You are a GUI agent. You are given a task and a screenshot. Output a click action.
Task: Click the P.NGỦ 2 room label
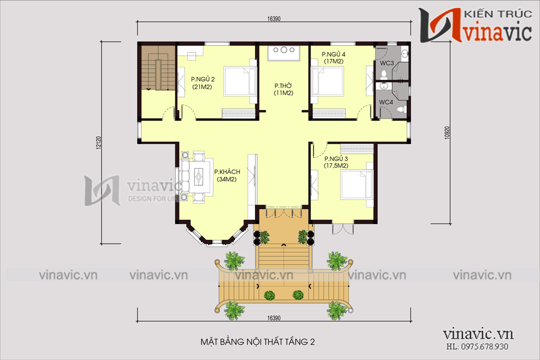202,83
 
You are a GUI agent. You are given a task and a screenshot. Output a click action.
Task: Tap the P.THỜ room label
283,89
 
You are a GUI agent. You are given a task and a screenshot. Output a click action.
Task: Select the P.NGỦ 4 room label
333,57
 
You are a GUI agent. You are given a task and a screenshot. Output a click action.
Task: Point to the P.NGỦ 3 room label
336,162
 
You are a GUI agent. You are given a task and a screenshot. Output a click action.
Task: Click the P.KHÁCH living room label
227,175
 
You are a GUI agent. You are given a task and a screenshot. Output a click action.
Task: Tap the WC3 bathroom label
386,63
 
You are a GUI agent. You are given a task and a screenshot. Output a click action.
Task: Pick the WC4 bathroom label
386,102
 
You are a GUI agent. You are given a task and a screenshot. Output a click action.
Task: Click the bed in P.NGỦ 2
239,81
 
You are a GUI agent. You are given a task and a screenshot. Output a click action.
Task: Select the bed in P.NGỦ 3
356,184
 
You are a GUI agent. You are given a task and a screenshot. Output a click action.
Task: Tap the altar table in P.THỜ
284,52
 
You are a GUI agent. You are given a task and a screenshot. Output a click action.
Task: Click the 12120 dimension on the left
98,142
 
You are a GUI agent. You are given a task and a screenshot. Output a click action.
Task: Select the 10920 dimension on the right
447,132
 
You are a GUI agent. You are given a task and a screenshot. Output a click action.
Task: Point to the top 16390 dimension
274,19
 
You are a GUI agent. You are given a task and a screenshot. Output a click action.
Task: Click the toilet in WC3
383,74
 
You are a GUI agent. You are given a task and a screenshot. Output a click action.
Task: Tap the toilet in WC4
400,110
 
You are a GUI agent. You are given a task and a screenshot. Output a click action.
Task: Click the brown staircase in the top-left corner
158,68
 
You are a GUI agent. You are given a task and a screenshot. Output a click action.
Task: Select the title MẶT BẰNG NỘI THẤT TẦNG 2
257,341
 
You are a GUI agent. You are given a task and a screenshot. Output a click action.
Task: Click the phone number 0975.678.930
484,346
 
